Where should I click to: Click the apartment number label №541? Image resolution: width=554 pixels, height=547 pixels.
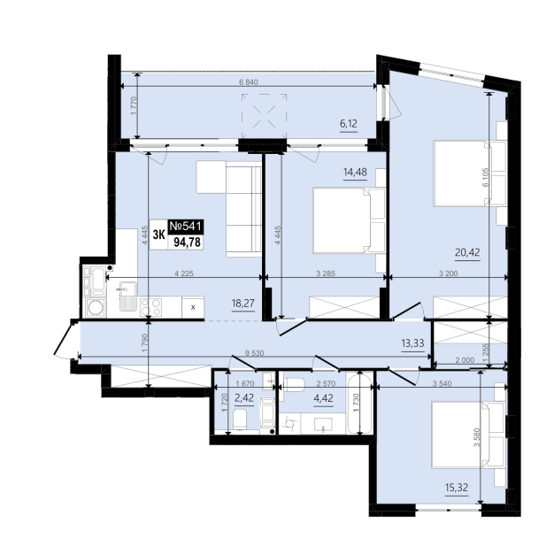point(186,227)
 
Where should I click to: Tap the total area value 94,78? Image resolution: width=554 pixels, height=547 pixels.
point(187,242)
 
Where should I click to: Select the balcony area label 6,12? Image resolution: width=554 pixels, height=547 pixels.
point(349,124)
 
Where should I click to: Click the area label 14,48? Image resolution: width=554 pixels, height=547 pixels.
point(355,173)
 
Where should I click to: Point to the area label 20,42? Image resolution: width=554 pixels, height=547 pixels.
point(467,252)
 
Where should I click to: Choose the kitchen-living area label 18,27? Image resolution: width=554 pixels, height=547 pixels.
point(243,304)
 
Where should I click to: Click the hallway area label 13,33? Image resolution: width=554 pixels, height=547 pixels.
point(412,343)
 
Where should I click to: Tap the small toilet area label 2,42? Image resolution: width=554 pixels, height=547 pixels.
point(244,398)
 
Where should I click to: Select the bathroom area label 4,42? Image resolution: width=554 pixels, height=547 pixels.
point(323,398)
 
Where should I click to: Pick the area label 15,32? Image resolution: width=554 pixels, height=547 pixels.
point(457,488)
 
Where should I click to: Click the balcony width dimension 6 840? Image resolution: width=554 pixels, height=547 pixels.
point(249,82)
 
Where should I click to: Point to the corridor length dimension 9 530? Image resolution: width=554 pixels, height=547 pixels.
point(254,353)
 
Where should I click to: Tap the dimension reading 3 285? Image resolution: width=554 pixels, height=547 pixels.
point(326,273)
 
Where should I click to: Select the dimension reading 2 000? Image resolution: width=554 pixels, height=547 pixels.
point(465,360)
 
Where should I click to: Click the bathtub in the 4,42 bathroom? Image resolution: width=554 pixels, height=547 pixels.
point(359,403)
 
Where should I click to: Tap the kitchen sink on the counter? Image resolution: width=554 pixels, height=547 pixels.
point(127,297)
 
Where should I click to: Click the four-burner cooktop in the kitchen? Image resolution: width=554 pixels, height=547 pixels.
point(150,307)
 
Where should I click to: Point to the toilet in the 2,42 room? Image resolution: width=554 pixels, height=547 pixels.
point(240,420)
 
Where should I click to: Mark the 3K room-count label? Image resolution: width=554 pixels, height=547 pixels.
point(159,235)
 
